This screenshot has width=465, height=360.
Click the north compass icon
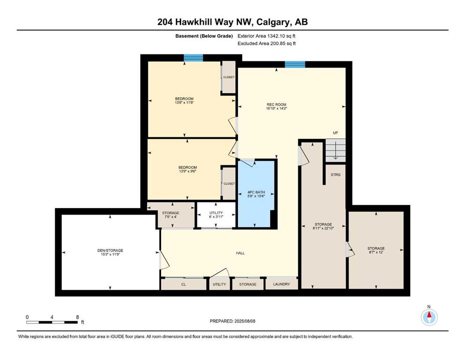429,317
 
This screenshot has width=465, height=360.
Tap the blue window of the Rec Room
295,64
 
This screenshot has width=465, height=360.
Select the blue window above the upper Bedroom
193,58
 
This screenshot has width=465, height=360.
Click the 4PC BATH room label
256,192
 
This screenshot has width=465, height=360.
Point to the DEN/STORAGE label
110,250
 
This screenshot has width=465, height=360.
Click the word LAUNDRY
281,284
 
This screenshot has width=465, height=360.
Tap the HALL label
240,253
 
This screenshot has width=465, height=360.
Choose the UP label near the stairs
335,133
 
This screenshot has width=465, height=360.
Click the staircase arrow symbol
335,150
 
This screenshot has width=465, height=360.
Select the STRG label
335,174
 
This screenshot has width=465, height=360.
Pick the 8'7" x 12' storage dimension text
376,252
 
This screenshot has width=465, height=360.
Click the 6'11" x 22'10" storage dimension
323,228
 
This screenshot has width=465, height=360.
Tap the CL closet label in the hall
184,285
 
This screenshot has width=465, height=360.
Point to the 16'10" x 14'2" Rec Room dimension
276,108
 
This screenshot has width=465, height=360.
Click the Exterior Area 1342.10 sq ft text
266,36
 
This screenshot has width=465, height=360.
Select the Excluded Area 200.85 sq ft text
266,43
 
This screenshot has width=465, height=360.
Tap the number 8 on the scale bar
77,317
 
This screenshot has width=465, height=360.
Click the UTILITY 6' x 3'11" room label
216,215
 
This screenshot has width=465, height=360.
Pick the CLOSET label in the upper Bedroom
229,77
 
